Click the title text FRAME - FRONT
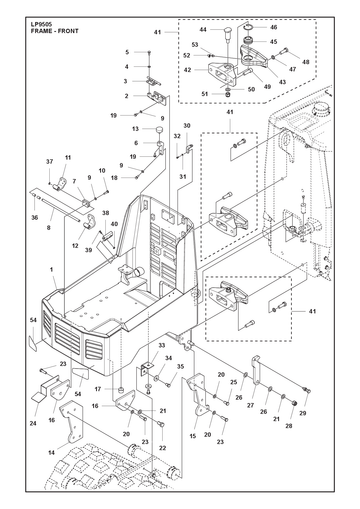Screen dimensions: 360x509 (x=55, y=31)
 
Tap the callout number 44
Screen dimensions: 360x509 (x=203, y=30)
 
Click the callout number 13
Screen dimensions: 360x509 (x=135, y=129)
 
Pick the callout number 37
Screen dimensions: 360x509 (x=49, y=162)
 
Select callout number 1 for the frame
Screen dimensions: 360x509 (x=52, y=270)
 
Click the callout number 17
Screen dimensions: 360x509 (x=98, y=389)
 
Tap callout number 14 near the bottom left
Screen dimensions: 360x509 (x=51, y=453)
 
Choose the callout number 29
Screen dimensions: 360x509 (x=303, y=413)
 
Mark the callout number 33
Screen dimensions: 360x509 (x=162, y=346)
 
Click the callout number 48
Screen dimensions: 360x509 (x=306, y=62)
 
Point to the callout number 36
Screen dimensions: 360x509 (x=35, y=218)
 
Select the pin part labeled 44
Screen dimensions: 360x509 (x=228, y=34)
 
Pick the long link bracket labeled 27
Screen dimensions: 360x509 (x=256, y=370)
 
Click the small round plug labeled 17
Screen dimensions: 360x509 (x=121, y=389)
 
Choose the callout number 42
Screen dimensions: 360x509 (x=188, y=70)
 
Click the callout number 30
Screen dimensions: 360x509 (x=187, y=126)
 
